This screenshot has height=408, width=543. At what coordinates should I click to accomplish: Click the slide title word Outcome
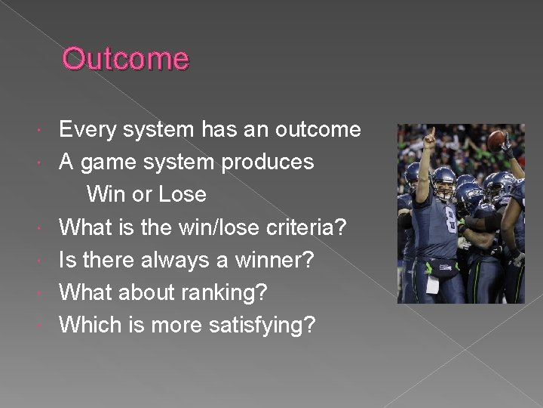[125, 59]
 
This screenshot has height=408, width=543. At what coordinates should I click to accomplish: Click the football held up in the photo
[496, 140]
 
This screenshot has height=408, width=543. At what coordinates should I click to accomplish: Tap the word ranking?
[235, 292]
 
